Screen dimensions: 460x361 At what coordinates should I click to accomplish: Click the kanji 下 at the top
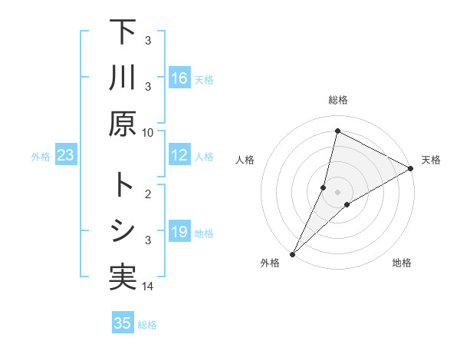(122, 32)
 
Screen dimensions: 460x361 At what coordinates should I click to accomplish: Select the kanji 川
(122, 78)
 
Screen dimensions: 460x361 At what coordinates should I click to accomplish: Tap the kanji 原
(122, 123)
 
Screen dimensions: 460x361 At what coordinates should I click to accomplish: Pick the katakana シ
(122, 231)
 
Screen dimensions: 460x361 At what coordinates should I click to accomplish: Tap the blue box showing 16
(179, 78)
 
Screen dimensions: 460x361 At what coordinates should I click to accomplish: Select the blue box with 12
(179, 156)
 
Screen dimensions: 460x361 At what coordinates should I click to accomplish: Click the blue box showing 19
(179, 233)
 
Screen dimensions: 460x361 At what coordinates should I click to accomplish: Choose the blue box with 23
(66, 156)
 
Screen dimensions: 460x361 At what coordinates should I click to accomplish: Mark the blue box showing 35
(123, 323)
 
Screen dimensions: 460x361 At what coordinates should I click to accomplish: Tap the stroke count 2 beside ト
(150, 195)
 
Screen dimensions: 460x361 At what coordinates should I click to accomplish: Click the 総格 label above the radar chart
(337, 100)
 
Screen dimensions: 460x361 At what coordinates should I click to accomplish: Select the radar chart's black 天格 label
(431, 160)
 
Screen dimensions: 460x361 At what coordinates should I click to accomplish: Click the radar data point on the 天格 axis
(411, 168)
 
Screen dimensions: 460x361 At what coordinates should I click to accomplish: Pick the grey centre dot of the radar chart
(337, 191)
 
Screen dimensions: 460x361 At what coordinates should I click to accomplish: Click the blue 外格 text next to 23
(41, 157)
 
